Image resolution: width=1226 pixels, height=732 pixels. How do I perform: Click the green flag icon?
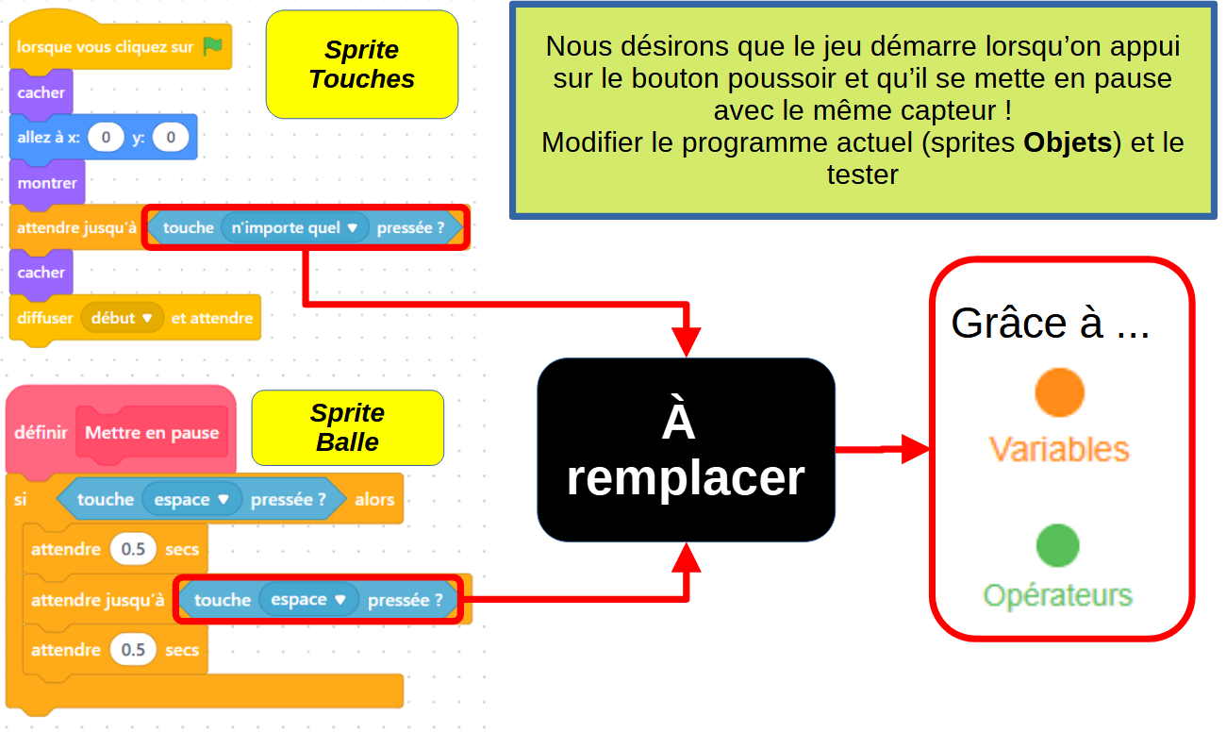(212, 46)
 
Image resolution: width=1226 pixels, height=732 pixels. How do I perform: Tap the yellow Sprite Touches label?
(362, 64)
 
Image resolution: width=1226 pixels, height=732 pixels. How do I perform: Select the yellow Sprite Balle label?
(348, 427)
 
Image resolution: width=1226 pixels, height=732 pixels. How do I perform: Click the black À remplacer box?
(686, 450)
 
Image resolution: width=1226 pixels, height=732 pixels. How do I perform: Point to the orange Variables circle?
(1059, 392)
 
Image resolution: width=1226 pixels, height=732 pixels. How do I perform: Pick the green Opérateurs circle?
(1057, 545)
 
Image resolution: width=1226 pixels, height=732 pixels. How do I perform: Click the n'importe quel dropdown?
(294, 227)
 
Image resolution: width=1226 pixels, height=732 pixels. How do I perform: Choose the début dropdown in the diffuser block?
(122, 318)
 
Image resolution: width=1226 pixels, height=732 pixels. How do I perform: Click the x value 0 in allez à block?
(106, 137)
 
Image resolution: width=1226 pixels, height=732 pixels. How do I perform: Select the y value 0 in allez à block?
(171, 137)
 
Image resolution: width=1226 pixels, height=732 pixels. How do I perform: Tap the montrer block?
(47, 183)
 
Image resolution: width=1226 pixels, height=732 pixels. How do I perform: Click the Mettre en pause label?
(152, 433)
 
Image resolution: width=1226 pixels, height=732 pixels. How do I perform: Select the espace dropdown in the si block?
(191, 499)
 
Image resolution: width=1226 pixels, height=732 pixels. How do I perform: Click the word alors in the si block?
(374, 499)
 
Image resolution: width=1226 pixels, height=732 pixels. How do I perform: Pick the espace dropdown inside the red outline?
(308, 600)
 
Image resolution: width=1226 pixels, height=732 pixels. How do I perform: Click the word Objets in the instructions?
(1068, 142)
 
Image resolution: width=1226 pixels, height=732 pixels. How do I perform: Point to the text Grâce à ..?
(1027, 323)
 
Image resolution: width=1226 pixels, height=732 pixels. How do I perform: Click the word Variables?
(1059, 450)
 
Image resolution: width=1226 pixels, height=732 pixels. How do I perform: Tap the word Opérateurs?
(1057, 596)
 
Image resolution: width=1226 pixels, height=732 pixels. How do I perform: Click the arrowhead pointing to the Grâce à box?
(915, 450)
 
